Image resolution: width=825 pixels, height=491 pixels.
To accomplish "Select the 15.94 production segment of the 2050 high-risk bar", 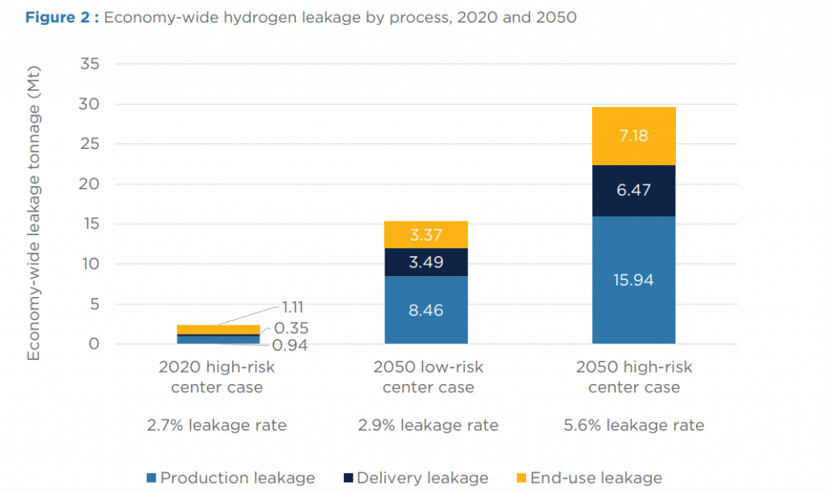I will coord(633,280).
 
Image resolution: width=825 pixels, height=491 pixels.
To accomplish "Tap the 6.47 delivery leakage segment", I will coord(633,191).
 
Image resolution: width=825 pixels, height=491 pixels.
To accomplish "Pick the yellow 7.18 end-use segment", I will coord(633,136).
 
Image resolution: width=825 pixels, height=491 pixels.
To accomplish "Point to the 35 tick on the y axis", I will coord(89,64).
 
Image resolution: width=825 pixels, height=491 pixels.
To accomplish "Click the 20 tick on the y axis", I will coord(89,184).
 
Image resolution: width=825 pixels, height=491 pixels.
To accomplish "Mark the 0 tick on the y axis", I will coord(94,345).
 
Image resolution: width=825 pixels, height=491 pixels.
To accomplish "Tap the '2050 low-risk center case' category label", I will coord(428,378).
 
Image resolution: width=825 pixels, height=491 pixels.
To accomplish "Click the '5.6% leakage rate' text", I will coord(634,426).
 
